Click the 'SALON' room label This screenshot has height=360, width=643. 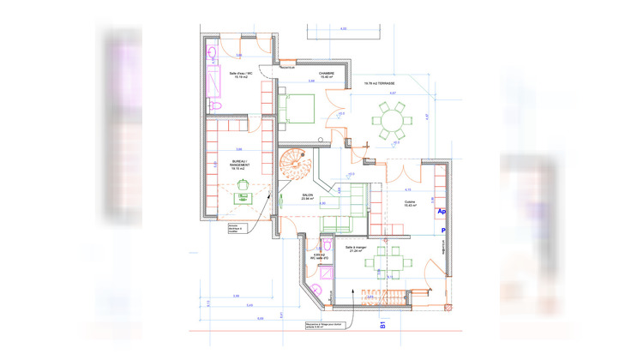tap(307, 196)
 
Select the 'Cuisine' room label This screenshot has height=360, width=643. tap(411, 204)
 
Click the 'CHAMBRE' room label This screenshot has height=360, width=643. tap(327, 75)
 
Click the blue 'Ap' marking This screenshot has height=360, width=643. tap(442, 211)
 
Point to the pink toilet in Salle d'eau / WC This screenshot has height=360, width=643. tap(217, 105)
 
